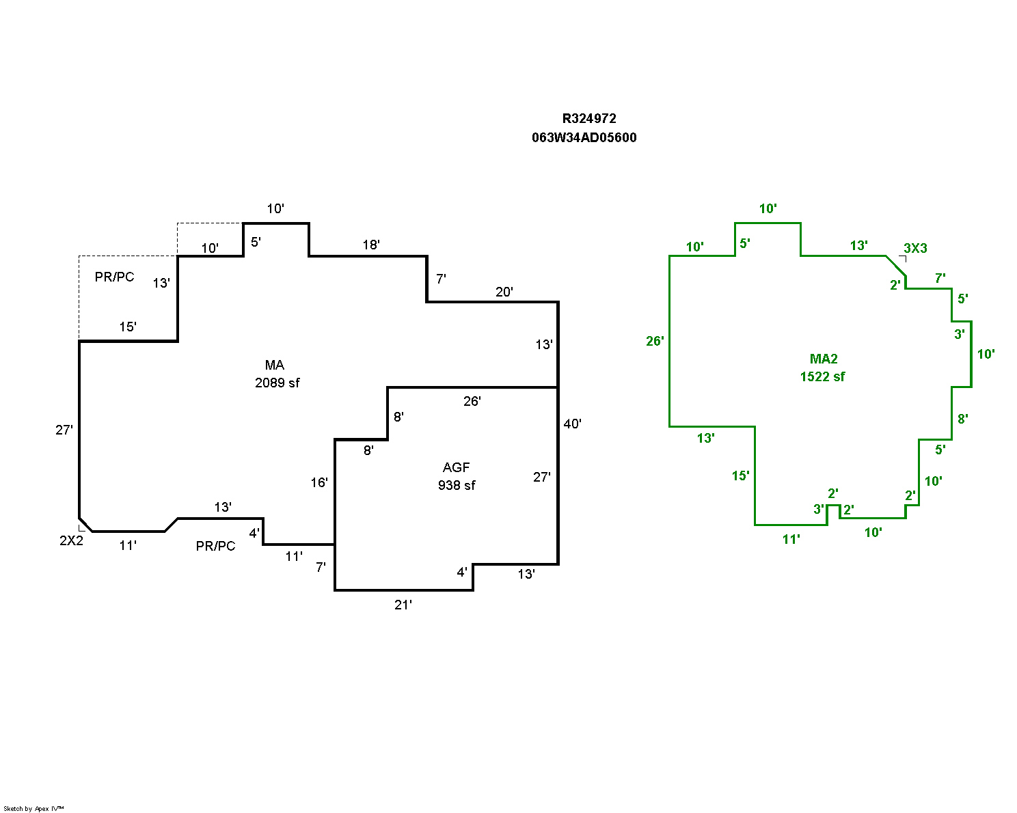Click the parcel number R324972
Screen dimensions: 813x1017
point(589,118)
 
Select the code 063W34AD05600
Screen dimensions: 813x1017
point(584,137)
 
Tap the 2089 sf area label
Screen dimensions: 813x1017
point(277,383)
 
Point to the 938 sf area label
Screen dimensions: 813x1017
point(457,485)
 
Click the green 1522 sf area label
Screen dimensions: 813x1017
point(822,376)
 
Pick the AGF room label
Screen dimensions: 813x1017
point(457,467)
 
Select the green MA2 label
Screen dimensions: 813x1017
point(824,359)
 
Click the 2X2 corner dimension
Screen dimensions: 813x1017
point(71,540)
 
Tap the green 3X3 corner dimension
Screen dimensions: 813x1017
point(915,248)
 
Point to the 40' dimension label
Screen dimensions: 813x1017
point(572,424)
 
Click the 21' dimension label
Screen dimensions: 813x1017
point(403,605)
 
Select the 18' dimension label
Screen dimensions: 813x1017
point(371,245)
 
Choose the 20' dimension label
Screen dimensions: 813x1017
point(504,292)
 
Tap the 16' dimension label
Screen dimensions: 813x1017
point(319,482)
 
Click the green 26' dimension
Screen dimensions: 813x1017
point(655,340)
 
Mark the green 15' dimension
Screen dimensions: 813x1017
point(741,476)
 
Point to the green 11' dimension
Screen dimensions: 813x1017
point(791,539)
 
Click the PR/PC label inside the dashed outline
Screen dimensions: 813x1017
point(115,277)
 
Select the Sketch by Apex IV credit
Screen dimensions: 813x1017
point(33,808)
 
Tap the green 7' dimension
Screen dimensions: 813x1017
point(940,278)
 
